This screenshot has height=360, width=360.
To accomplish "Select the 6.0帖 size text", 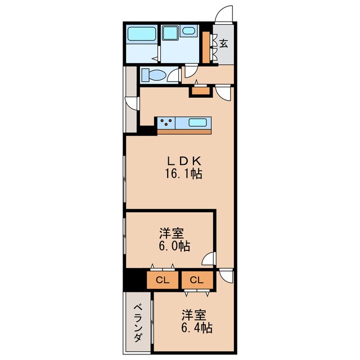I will (173, 246).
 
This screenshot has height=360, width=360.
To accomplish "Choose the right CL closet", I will (196, 280).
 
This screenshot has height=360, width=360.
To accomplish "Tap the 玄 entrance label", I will (223, 44).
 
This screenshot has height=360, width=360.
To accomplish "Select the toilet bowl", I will (152, 75).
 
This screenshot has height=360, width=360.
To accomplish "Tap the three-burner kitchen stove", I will (166, 122).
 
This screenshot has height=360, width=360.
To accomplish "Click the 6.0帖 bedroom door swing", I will (209, 259).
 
